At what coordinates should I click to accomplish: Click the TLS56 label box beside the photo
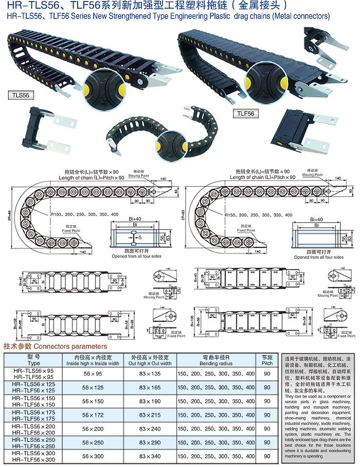tap(20, 96)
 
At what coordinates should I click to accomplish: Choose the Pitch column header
tap(267, 360)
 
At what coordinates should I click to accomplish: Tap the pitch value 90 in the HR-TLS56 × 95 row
tap(267, 373)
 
